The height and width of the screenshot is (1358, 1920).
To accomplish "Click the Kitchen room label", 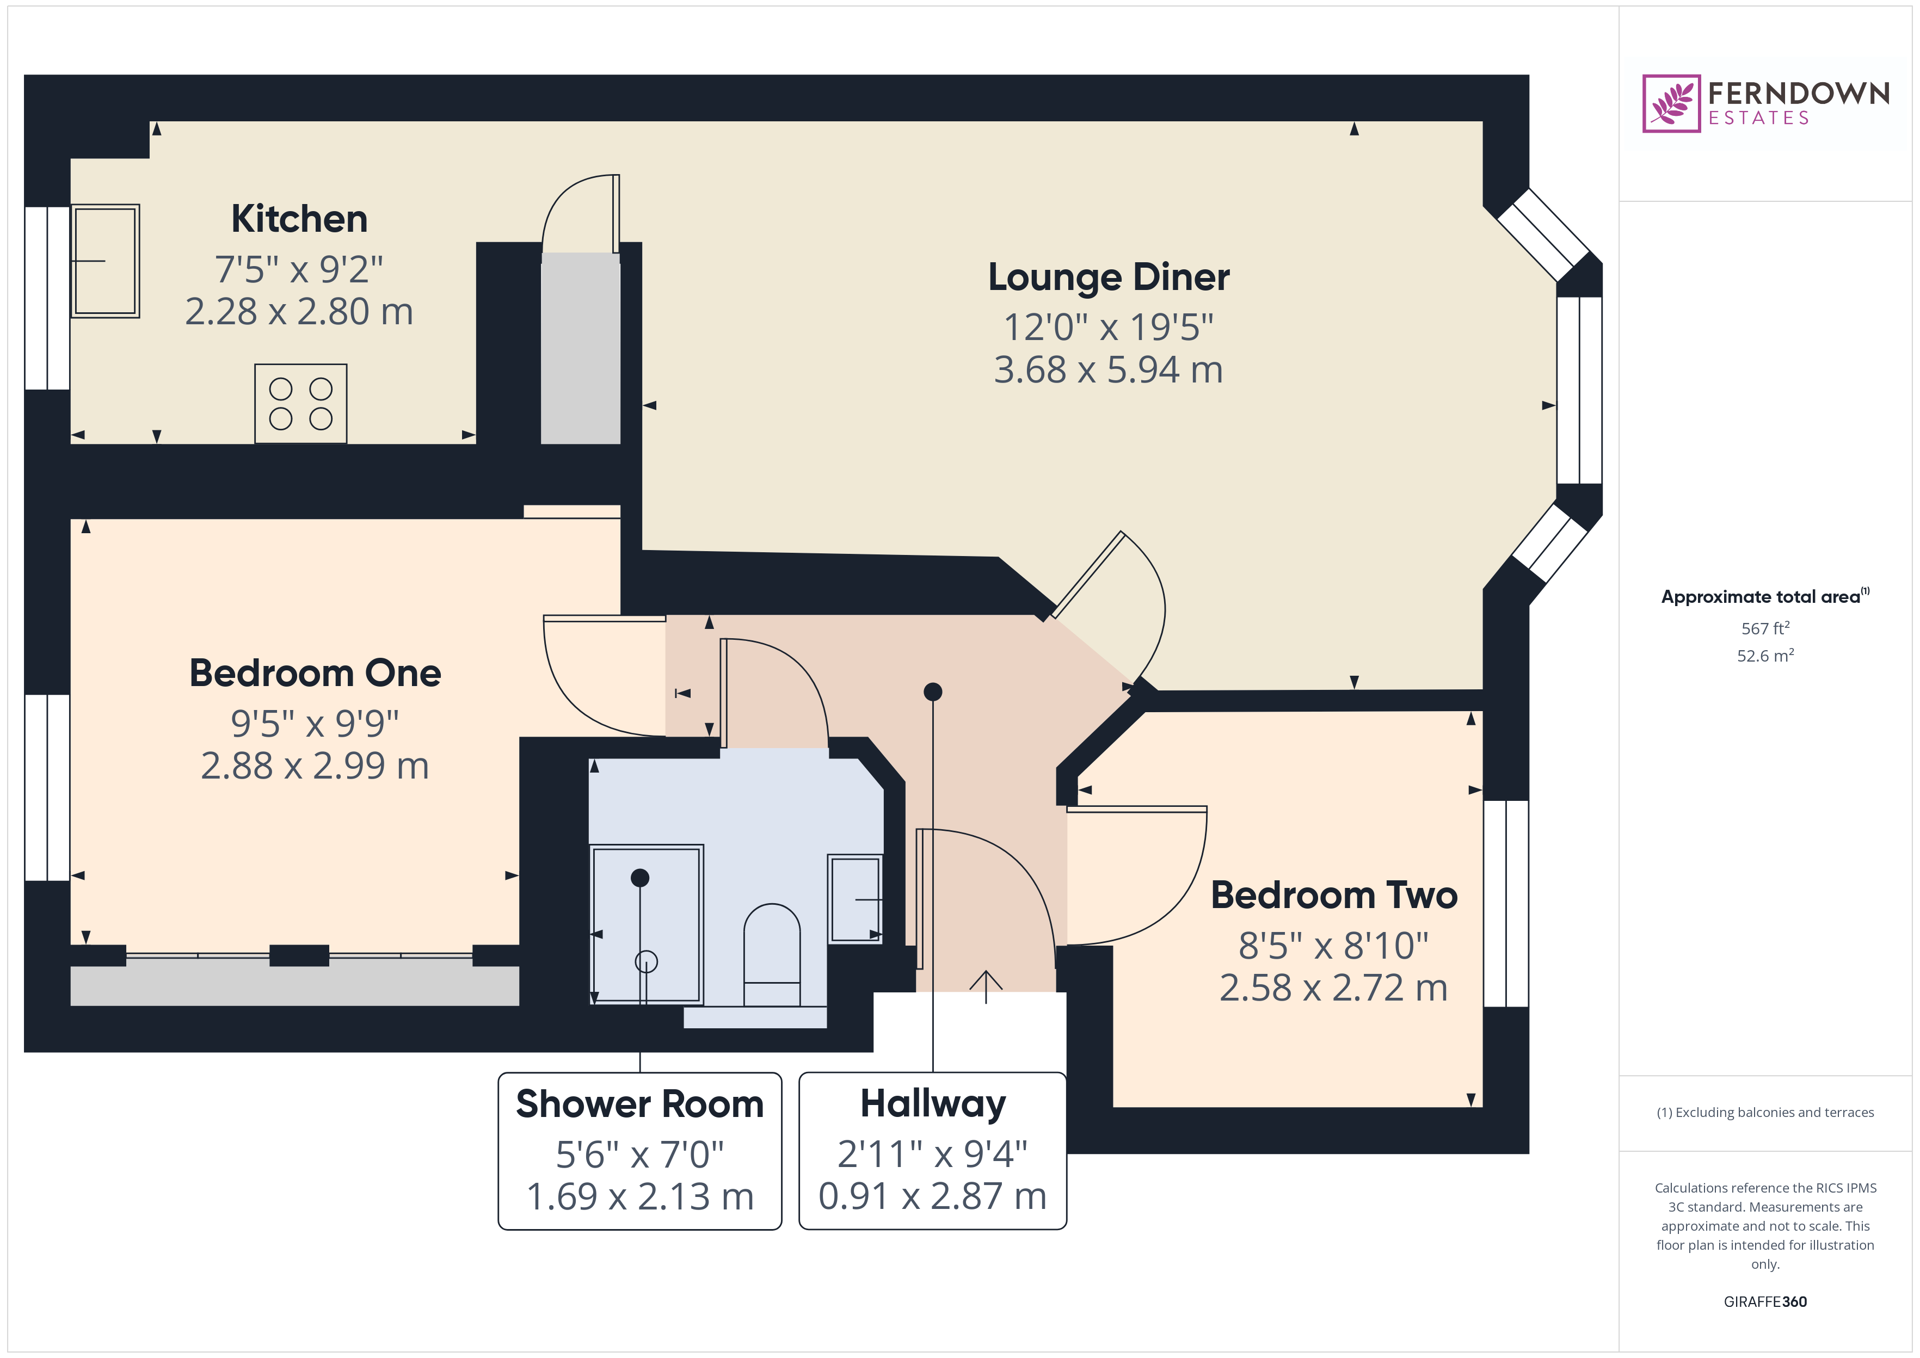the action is coord(299,219).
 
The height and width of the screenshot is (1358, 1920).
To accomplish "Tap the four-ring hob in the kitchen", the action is coord(300,404).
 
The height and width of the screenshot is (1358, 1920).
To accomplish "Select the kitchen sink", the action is coord(106,261).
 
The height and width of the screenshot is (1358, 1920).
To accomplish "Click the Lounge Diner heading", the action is coord(1109,277).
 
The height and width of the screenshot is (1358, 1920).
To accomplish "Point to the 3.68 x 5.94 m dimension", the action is coord(1109,369).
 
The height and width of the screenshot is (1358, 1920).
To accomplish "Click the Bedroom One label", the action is coord(315,673).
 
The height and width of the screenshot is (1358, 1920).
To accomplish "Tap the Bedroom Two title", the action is coord(1334,896).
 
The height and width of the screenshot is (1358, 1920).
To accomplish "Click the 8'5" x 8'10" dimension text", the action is coord(1334,946).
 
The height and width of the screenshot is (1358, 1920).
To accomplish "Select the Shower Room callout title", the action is coord(639,1104).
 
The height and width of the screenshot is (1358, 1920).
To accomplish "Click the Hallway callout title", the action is coord(933,1104).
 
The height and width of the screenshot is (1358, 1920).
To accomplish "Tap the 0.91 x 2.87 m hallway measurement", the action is coord(933,1196).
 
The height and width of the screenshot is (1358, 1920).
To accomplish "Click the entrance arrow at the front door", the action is coord(986,987).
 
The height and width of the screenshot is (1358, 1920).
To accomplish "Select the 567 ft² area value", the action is coord(1765,628).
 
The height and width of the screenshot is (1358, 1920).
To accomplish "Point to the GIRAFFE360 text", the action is coord(1765,1302).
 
